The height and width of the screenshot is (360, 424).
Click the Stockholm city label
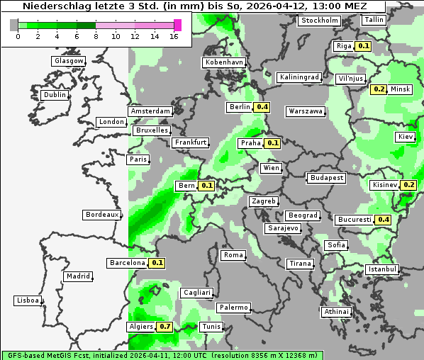pyautogui.click(x=319, y=21)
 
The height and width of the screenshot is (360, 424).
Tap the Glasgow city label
pyautogui.click(x=69, y=61)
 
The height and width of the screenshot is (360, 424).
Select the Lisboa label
pyautogui.click(x=28, y=300)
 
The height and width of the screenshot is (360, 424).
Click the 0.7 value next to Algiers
pyautogui.click(x=164, y=327)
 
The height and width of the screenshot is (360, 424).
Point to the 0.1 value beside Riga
pyautogui.click(x=364, y=46)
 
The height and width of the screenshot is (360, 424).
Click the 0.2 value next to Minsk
pyautogui.click(x=379, y=89)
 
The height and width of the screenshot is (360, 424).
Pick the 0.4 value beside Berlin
pyautogui.click(x=262, y=107)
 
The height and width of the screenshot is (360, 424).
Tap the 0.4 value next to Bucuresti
pyautogui.click(x=384, y=220)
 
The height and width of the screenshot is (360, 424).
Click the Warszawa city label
pyautogui.click(x=306, y=111)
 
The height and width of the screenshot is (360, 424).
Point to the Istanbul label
pyautogui.click(x=382, y=269)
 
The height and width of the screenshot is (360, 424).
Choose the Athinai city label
pyautogui.click(x=336, y=312)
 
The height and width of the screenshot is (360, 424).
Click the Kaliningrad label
pyautogui.click(x=300, y=77)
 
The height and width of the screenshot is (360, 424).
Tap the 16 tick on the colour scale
pyautogui.click(x=173, y=36)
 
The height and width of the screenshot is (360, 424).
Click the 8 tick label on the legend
pyautogui.click(x=95, y=36)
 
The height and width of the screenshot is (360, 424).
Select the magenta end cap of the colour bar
pyautogui.click(x=177, y=25)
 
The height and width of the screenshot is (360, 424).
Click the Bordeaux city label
pyautogui.click(x=102, y=214)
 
